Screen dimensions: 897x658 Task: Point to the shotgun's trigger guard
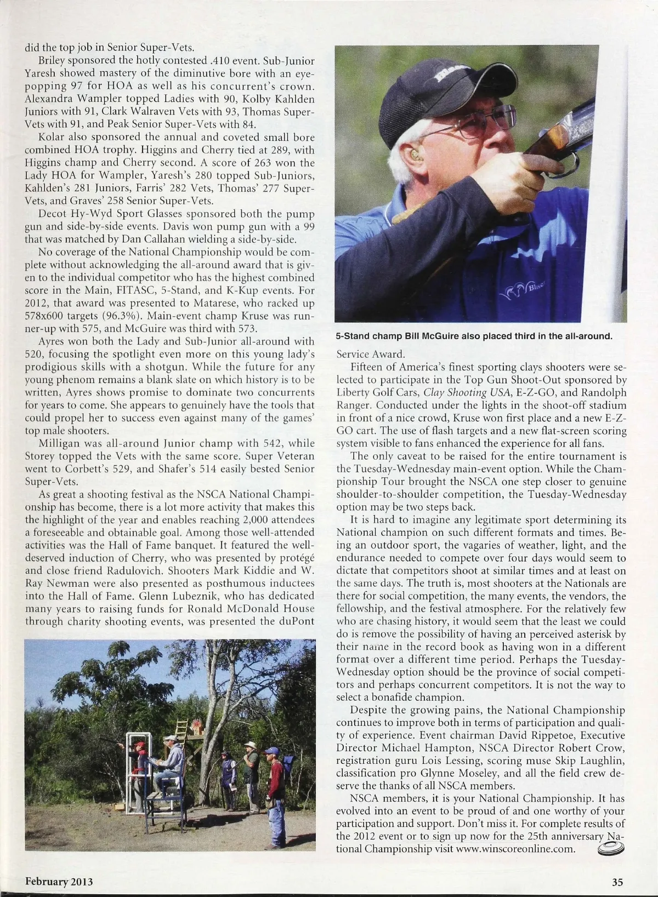coord(570,163)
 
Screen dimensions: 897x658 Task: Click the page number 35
coord(617,882)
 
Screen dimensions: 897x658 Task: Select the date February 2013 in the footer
coord(59,882)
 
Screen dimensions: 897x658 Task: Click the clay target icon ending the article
coord(610,849)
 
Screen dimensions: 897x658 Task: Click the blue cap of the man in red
coord(271,751)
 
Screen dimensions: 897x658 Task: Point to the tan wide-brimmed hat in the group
coord(250,745)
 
